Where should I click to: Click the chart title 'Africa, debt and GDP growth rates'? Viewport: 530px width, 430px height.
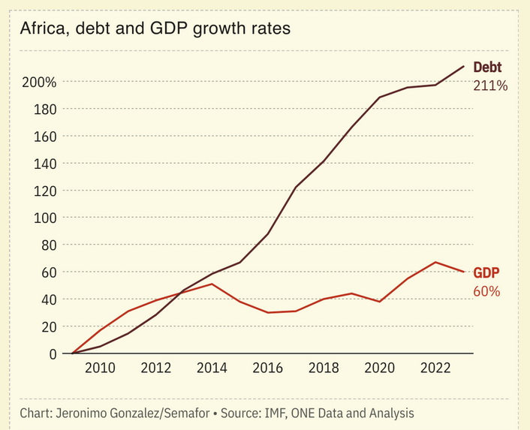(x=155, y=30)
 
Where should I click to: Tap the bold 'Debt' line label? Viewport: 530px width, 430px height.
(x=487, y=68)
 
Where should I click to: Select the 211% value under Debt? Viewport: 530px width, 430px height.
(x=490, y=86)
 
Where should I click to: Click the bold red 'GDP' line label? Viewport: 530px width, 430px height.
(x=486, y=273)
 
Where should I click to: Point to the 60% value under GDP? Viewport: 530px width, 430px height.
(x=486, y=290)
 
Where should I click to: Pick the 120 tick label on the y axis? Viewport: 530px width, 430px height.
(x=47, y=191)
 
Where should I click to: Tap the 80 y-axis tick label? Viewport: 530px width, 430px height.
(x=50, y=245)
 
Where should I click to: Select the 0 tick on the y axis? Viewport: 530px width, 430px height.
(x=53, y=353)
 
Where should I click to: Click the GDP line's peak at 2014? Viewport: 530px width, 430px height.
(x=212, y=284)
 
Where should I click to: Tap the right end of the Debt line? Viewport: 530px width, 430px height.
(x=464, y=66)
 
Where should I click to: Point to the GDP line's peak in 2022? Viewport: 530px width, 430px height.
(x=435, y=262)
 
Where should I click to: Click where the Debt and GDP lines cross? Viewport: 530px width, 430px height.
(x=181, y=290)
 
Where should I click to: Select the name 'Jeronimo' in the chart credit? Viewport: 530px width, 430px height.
(x=80, y=413)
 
